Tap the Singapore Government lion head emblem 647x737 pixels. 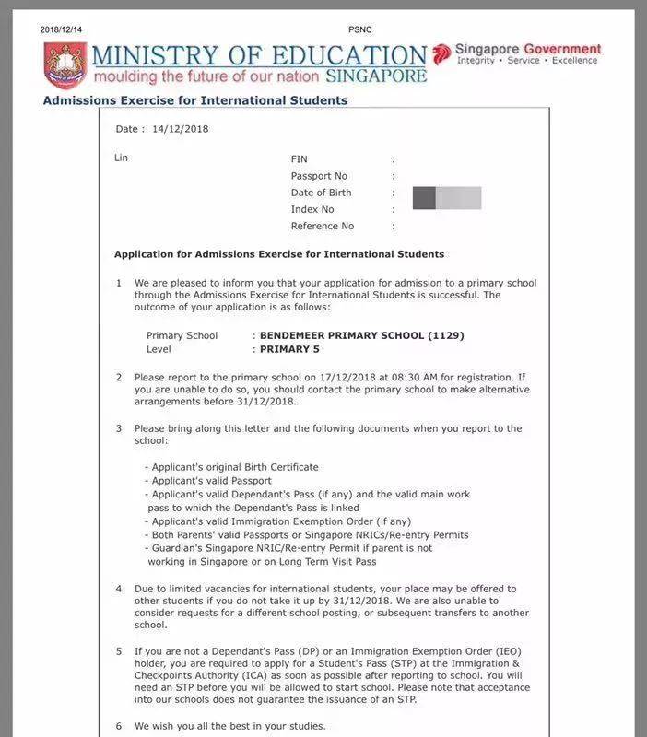coord(442,53)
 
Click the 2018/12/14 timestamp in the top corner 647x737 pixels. coord(62,29)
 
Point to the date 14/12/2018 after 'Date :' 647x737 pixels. coord(181,129)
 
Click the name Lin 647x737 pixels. coord(121,158)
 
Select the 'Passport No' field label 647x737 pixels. coord(319,176)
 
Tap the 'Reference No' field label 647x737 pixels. coord(322,226)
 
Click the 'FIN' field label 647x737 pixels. coord(300,159)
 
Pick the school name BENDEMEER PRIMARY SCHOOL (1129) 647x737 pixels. coord(361,335)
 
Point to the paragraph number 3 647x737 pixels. coord(118,428)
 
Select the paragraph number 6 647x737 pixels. coord(118,726)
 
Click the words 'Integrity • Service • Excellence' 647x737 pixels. coord(528,61)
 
